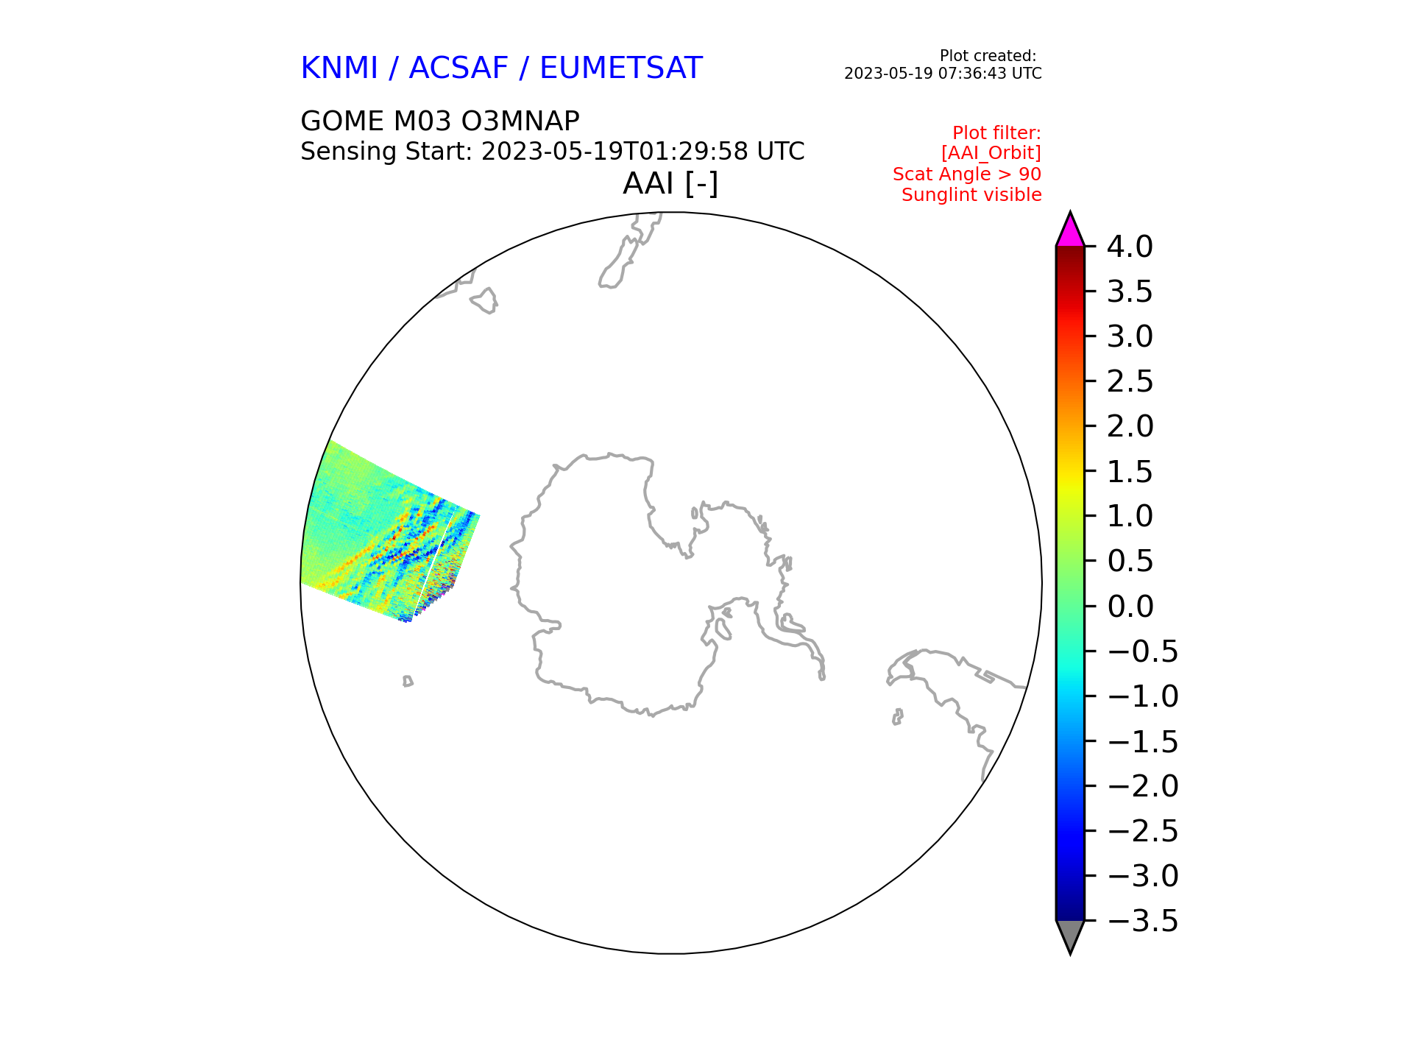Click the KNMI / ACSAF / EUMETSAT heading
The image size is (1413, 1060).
click(501, 68)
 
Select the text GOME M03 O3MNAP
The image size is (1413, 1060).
click(440, 121)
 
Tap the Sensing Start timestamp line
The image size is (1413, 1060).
click(552, 152)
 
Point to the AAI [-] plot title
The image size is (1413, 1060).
click(670, 183)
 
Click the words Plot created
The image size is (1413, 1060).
click(988, 56)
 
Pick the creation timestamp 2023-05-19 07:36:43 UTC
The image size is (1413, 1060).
click(943, 74)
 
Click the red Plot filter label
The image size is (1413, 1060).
click(996, 133)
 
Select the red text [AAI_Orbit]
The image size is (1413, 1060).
click(991, 153)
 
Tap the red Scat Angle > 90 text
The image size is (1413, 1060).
click(967, 174)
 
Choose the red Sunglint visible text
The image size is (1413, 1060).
click(971, 195)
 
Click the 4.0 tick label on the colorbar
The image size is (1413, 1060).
click(1130, 247)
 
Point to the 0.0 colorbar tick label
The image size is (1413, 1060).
click(1130, 607)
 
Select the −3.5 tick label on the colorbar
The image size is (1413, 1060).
click(1142, 921)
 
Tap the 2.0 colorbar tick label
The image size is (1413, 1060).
click(1130, 426)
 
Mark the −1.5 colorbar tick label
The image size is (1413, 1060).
click(1142, 741)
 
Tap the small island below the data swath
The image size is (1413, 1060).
click(408, 682)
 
